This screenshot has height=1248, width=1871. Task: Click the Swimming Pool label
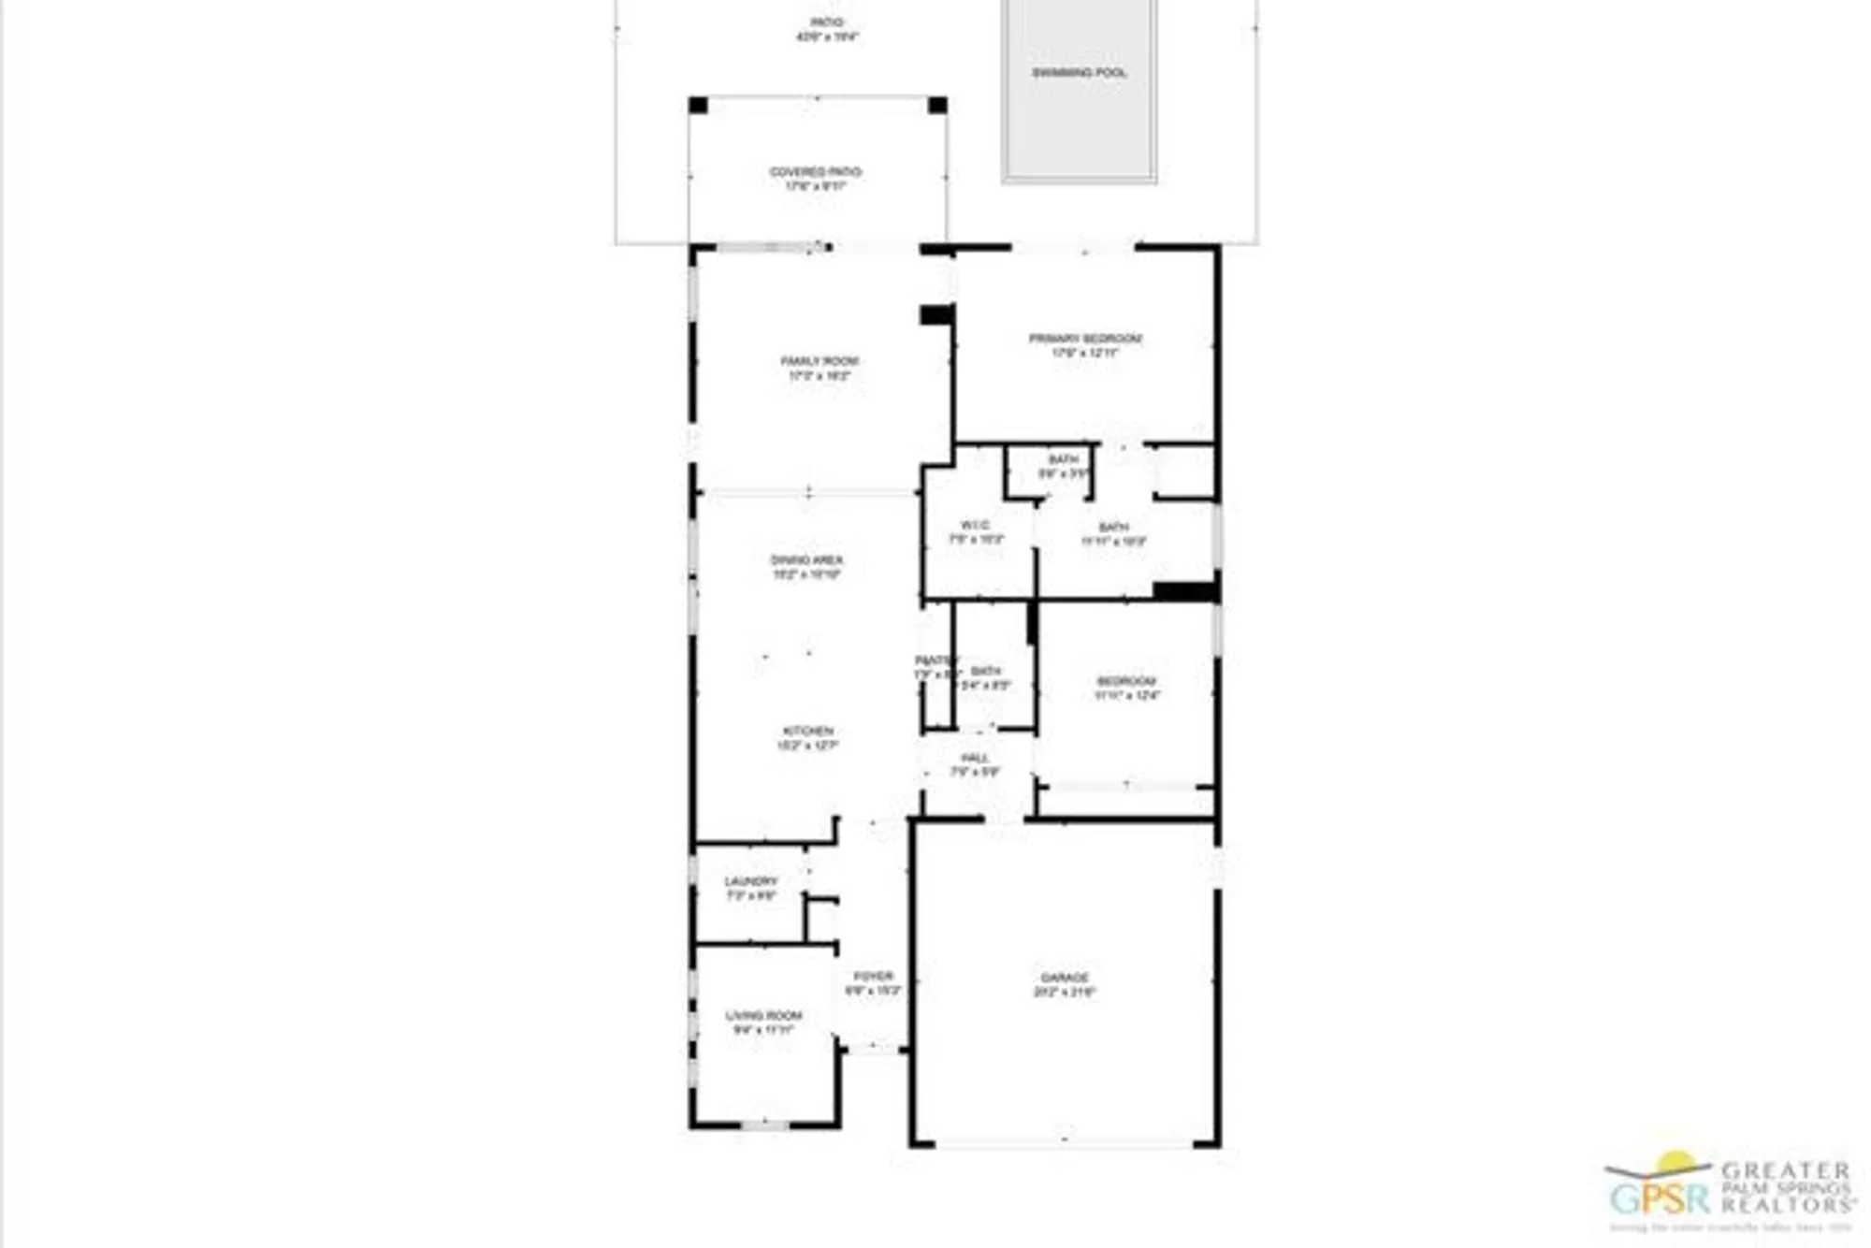coord(1079,73)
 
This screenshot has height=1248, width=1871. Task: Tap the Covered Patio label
coord(816,172)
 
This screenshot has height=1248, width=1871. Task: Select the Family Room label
coord(819,361)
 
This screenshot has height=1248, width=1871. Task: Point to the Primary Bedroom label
coord(1085,339)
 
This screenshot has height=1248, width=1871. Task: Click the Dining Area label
coord(806,560)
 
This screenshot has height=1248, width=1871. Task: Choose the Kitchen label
coord(808,731)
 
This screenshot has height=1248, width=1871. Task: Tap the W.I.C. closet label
coord(975,526)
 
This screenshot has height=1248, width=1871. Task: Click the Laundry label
coord(751,881)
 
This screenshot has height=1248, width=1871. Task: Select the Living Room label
coord(764,1016)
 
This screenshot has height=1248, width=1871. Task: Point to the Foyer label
coord(873,977)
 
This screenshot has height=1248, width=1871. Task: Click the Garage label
coord(1065,978)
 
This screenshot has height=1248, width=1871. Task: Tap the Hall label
coord(975,758)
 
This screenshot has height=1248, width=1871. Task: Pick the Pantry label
coord(935,660)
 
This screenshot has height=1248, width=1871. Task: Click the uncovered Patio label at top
coord(827,22)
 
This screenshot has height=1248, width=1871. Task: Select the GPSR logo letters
coord(1656,1198)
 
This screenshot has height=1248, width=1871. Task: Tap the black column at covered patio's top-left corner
coord(698,105)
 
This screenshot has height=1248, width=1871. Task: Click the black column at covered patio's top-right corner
coord(937,105)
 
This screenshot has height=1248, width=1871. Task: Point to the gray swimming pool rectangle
coord(1080,122)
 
